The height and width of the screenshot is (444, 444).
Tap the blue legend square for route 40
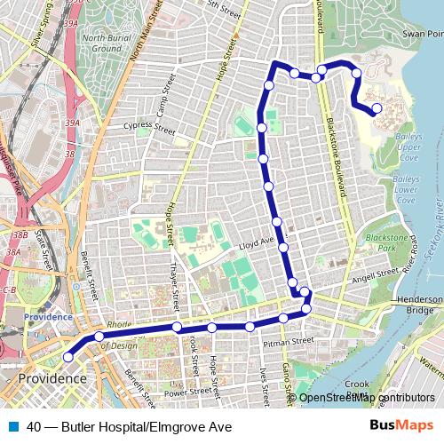click(x=14, y=427)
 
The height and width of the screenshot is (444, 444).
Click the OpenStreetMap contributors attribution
click(x=367, y=398)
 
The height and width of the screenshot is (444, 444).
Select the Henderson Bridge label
click(x=418, y=305)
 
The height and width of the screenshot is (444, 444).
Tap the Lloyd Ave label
click(x=260, y=241)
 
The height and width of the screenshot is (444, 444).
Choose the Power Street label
click(x=187, y=391)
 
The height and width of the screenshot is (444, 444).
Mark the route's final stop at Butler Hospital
click(x=377, y=109)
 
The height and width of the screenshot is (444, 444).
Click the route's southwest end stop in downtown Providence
click(x=68, y=357)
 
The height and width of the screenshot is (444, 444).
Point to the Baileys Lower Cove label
click(x=405, y=189)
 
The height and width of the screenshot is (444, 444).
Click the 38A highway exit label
click(x=12, y=252)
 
